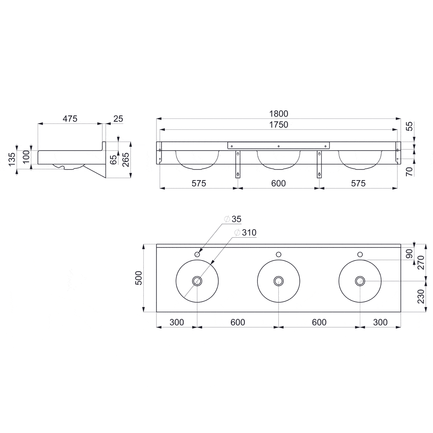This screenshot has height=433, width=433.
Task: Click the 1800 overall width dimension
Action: [x=278, y=113]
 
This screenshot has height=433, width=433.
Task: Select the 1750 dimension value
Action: [x=278, y=124]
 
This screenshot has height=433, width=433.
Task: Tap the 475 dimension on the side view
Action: [x=70, y=119]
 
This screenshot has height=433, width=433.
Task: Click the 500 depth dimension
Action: [x=139, y=278]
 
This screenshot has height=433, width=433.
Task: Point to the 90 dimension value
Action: [x=409, y=254]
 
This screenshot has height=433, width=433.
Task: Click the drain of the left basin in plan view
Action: [x=197, y=281]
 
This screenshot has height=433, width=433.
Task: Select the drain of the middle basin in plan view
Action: [x=278, y=281]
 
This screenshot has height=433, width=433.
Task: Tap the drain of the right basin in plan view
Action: [x=360, y=281]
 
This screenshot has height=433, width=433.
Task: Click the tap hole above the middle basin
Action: [x=278, y=254]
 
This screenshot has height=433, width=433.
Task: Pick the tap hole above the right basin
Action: [x=360, y=254]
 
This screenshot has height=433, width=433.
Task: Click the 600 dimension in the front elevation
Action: [x=278, y=183]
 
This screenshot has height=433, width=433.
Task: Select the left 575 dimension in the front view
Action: [x=198, y=183]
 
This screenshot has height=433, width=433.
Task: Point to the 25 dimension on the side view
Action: [x=118, y=119]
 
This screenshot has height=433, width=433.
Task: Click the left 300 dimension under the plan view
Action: [x=176, y=322]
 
